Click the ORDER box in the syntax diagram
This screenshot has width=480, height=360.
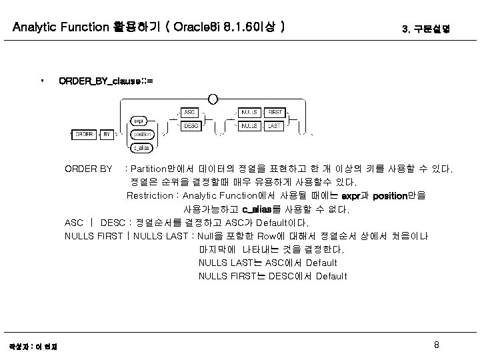pos(85,134)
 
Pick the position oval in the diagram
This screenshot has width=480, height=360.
pos(142,134)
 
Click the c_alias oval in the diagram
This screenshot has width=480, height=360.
pos(141,147)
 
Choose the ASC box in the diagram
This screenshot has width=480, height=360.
pos(190,113)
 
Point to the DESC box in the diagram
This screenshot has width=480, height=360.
pos(190,125)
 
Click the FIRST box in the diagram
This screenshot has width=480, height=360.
pos(274,113)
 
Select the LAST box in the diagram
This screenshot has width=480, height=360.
pos(274,125)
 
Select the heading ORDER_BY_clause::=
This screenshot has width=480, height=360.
pos(105,81)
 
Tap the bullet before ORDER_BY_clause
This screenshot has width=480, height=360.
pos(42,81)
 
